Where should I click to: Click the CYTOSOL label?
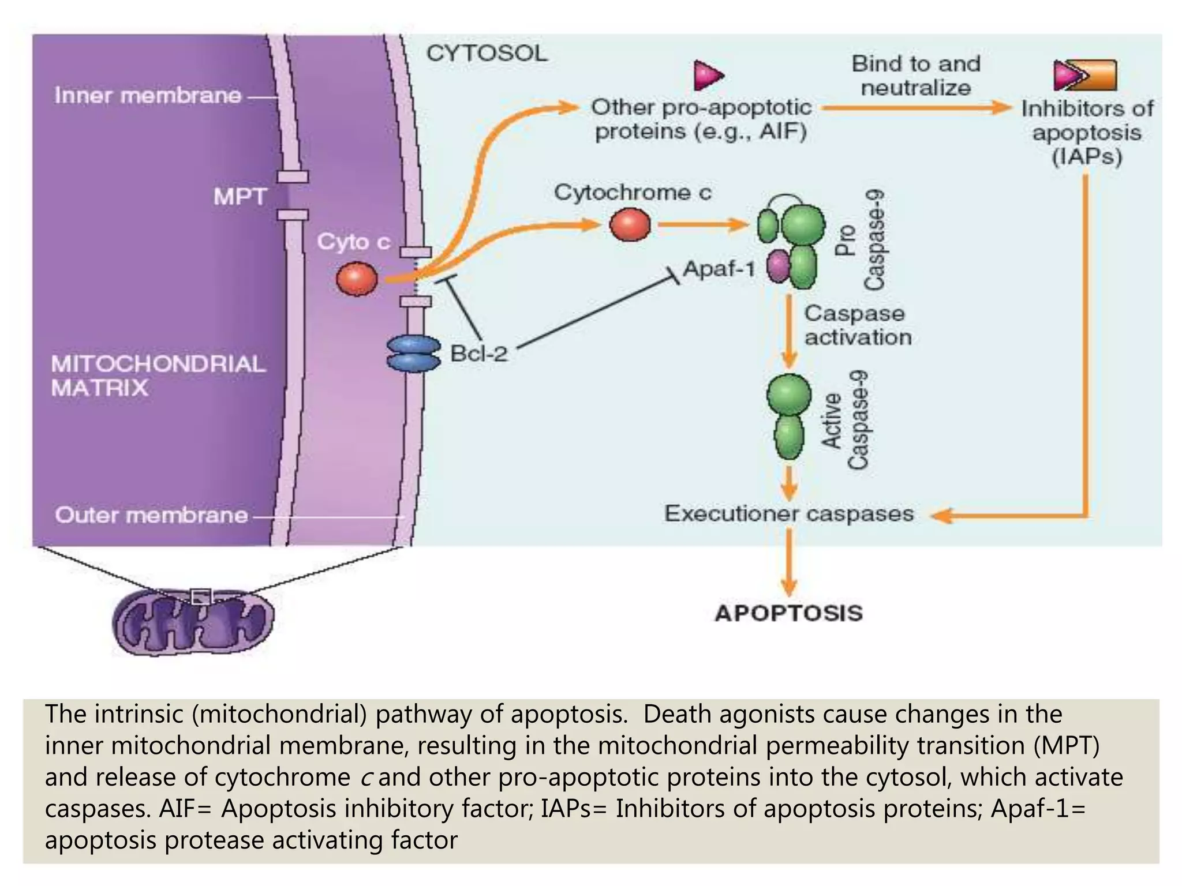(487, 54)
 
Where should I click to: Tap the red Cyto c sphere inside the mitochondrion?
(357, 279)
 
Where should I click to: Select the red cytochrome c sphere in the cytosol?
(630, 225)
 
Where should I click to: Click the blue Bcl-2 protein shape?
(412, 354)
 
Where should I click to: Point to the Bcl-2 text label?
(478, 354)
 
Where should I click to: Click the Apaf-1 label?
(719, 269)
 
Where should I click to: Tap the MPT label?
(240, 197)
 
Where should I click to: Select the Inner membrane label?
(148, 96)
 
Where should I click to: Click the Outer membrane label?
(151, 515)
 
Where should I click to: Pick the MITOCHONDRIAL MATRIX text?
(158, 376)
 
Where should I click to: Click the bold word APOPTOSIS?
(788, 613)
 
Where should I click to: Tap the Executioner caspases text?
(788, 514)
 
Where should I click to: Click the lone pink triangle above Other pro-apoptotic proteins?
(708, 75)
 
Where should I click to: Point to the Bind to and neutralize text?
(916, 76)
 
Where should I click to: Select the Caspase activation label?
(858, 325)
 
